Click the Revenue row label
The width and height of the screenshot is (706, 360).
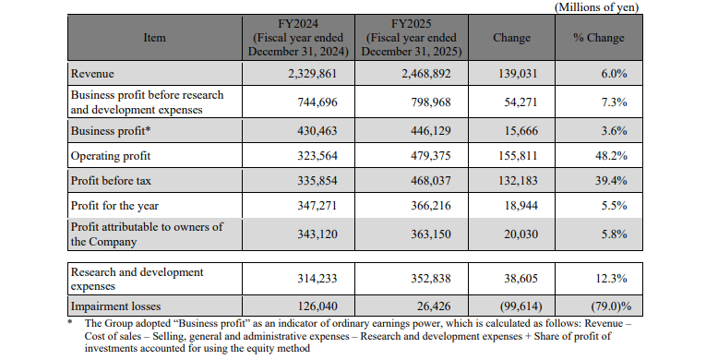pyautogui.click(x=92, y=74)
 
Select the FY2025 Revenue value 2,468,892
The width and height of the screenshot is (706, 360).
pyautogui.click(x=426, y=74)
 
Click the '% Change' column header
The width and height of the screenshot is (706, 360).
pyautogui.click(x=598, y=38)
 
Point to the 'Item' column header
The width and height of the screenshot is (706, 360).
pyautogui.click(x=154, y=38)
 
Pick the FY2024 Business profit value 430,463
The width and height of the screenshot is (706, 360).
pyautogui.click(x=317, y=131)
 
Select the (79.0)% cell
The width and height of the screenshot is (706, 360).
pyautogui.click(x=611, y=306)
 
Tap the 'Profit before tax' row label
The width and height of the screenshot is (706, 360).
pyautogui.click(x=111, y=181)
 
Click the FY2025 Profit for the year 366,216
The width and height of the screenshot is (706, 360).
pyautogui.click(x=430, y=206)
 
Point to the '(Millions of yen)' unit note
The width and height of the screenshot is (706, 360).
pyautogui.click(x=596, y=7)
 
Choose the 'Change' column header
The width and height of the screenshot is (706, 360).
pyautogui.click(x=511, y=38)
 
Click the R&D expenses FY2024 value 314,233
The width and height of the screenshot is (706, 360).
pyautogui.click(x=317, y=279)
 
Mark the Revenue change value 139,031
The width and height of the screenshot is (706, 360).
pyautogui.click(x=518, y=74)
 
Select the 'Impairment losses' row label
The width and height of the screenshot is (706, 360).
pyautogui.click(x=115, y=306)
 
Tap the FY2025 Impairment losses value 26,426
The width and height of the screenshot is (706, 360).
pyautogui.click(x=434, y=306)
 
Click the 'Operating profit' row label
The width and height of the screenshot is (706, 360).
pyautogui.click(x=111, y=156)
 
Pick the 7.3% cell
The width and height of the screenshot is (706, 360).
pyautogui.click(x=614, y=102)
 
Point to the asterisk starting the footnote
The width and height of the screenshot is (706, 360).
pyautogui.click(x=70, y=322)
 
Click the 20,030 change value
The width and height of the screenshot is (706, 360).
pyautogui.click(x=521, y=234)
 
